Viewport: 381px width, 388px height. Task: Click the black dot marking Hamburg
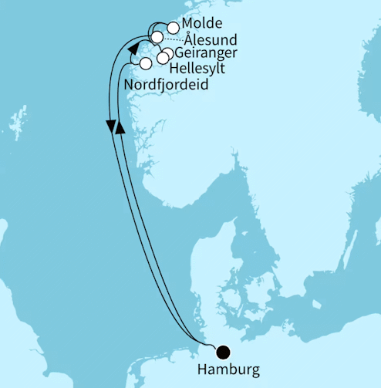click(224, 352)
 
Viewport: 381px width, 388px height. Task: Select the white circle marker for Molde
click(173, 28)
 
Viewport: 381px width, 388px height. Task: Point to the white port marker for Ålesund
click(157, 37)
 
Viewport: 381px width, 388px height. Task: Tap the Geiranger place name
click(205, 53)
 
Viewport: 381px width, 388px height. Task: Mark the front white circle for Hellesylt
click(162, 58)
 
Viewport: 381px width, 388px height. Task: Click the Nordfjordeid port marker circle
click(145, 62)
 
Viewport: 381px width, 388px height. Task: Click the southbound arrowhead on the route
click(111, 126)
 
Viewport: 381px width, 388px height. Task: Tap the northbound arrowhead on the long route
click(119, 128)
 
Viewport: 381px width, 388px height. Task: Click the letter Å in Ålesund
click(190, 39)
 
